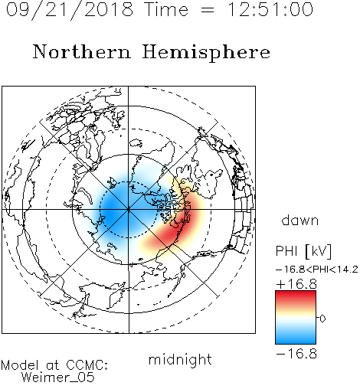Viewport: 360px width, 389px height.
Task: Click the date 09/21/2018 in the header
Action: pos(70,10)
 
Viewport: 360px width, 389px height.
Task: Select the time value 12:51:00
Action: pos(270,9)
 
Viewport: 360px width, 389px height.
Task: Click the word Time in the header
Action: pos(166,9)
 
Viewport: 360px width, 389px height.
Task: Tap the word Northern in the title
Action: pos(82,51)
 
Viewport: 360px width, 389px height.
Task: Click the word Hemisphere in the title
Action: pos(206,53)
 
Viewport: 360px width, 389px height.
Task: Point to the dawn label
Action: pos(299,220)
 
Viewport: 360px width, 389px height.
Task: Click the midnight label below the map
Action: pos(180,360)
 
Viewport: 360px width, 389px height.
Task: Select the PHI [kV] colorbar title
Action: pos(303,251)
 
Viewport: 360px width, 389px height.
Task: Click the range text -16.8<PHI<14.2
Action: pos(317,270)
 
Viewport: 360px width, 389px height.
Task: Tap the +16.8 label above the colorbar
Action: pos(296,284)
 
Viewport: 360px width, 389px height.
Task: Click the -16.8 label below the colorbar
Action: pos(296,354)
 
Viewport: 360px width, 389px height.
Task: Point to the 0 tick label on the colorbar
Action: pos(322,319)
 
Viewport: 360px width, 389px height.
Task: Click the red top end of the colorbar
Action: pos(296,293)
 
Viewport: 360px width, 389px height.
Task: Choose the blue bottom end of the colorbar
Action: pos(296,341)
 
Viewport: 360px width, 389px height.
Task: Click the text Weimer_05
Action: pos(57,378)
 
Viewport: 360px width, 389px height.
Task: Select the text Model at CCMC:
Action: pos(54,365)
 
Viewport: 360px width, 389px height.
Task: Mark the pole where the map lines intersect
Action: pos(128,210)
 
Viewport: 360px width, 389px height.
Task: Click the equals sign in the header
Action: pos(208,11)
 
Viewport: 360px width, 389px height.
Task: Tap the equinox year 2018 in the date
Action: pos(108,9)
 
